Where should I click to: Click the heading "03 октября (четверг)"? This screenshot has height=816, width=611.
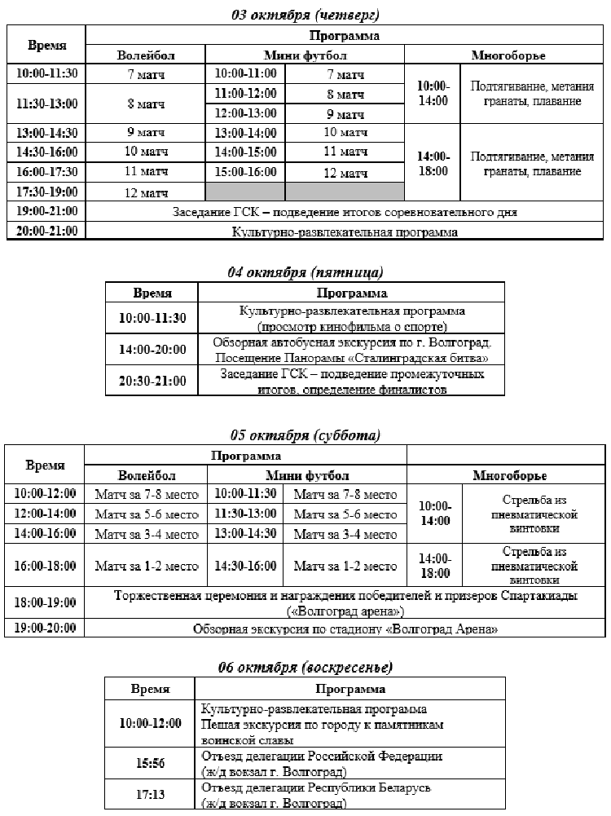click(305, 14)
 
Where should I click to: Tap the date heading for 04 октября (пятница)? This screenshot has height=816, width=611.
click(305, 272)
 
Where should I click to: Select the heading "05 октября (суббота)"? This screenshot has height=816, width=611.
click(305, 434)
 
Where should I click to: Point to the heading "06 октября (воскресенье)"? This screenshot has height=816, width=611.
click(305, 668)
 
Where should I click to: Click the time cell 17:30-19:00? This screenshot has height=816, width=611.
click(46, 192)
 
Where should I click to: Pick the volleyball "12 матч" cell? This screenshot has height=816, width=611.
click(146, 192)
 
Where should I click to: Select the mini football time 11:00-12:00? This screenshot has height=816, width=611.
click(245, 94)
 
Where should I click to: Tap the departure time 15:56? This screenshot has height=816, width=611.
click(150, 763)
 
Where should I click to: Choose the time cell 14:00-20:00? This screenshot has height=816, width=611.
click(151, 350)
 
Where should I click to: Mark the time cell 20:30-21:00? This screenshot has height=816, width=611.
click(151, 382)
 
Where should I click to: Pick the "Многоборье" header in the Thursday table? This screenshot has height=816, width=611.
click(508, 55)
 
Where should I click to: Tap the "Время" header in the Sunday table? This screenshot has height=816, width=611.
click(150, 689)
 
